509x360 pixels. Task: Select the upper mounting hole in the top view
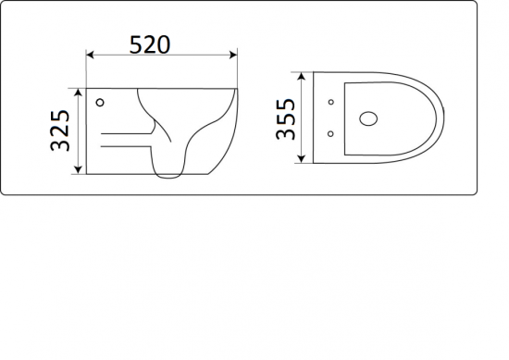tap(330, 101)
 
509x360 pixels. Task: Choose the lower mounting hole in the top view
tap(330, 135)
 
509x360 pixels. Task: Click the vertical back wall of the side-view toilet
tap(87, 130)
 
